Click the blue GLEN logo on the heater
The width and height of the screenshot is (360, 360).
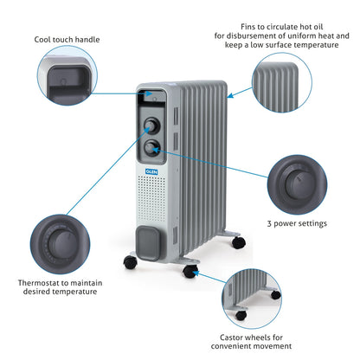[x=151, y=171]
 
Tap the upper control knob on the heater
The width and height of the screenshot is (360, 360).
[x=151, y=125]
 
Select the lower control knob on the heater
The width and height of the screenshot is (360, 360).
[x=151, y=148]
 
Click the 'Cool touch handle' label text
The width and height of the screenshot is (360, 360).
[x=67, y=40]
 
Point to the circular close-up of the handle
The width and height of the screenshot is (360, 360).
[x=67, y=75]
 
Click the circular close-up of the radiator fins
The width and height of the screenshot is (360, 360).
[x=282, y=82]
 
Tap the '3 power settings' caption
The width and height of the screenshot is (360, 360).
[x=297, y=223]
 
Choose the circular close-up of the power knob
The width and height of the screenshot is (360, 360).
[x=298, y=184]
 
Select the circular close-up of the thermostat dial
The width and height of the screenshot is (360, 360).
[x=60, y=244]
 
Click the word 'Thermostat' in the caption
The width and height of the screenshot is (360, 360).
[x=38, y=283]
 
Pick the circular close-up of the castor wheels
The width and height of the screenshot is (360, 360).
[x=252, y=299]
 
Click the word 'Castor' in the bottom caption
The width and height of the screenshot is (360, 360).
[x=231, y=337]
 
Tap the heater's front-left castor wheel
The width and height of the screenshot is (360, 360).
[x=130, y=262]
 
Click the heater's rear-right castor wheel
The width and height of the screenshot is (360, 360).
[x=239, y=242]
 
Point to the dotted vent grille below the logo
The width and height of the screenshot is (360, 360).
[x=151, y=198]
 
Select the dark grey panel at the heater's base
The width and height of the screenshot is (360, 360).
[x=148, y=243]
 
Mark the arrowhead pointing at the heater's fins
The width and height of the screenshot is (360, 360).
[x=230, y=95]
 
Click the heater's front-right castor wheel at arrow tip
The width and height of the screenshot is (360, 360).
[x=190, y=272]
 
